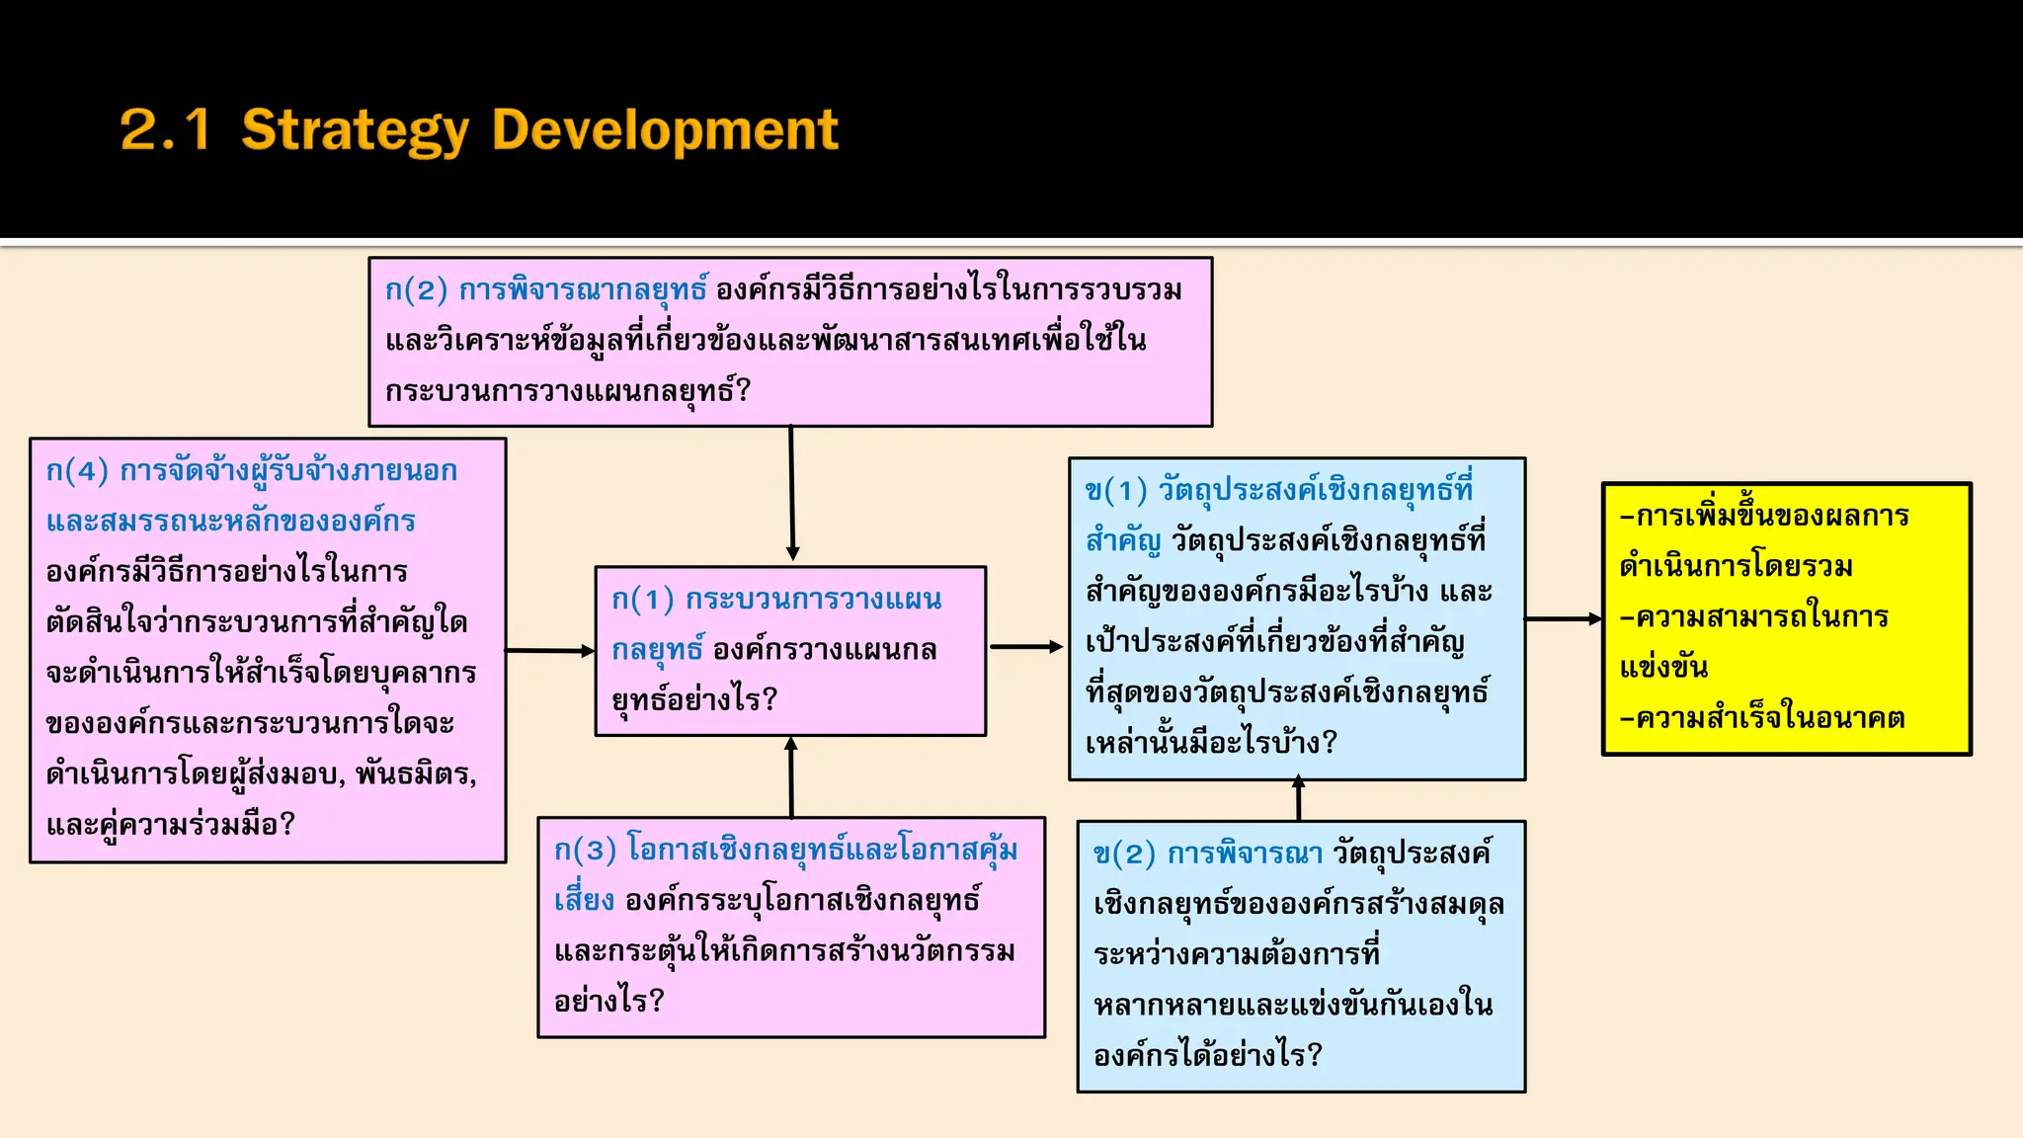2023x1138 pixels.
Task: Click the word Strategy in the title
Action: point(355,130)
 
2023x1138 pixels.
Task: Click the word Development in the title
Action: point(665,129)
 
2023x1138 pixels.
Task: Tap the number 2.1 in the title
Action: point(165,129)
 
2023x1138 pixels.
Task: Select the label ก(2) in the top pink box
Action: point(416,290)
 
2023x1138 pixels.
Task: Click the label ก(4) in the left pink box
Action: point(77,471)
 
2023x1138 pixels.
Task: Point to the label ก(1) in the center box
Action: point(642,600)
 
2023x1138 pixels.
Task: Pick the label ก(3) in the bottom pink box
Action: point(585,851)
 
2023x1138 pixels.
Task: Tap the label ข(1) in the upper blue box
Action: point(1116,491)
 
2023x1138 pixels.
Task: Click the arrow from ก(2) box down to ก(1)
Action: point(791,494)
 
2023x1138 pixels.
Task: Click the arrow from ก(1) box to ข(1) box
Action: point(1026,647)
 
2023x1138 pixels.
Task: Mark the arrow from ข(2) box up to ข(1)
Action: point(1298,799)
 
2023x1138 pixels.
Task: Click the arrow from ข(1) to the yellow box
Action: point(1563,619)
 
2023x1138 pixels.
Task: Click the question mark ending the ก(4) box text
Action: point(287,824)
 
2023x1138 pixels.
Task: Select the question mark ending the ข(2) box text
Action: point(1314,1055)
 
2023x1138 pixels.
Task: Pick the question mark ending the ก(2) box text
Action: point(744,391)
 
